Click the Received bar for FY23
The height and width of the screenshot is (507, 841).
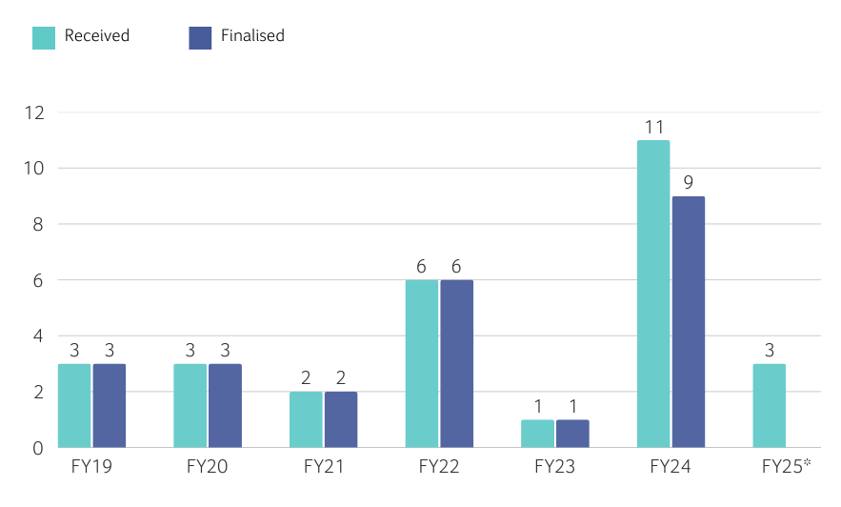tap(537, 434)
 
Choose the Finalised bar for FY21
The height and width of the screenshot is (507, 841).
tap(340, 419)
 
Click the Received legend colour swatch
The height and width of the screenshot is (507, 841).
tap(44, 37)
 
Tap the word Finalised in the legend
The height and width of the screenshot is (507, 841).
tap(252, 36)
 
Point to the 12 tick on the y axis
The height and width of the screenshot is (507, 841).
tap(35, 112)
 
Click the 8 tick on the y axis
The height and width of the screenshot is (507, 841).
tap(39, 224)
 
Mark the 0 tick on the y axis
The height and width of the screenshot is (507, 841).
tap(39, 447)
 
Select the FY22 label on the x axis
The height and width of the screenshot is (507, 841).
tap(439, 467)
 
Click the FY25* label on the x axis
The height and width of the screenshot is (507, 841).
tap(787, 467)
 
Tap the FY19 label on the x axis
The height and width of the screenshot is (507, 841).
tap(91, 467)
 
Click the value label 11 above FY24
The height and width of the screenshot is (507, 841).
tap(653, 127)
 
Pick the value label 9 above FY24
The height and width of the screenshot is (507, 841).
tap(688, 183)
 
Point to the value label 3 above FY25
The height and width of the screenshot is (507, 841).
tap(769, 350)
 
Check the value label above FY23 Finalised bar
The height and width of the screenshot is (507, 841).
tap(572, 406)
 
